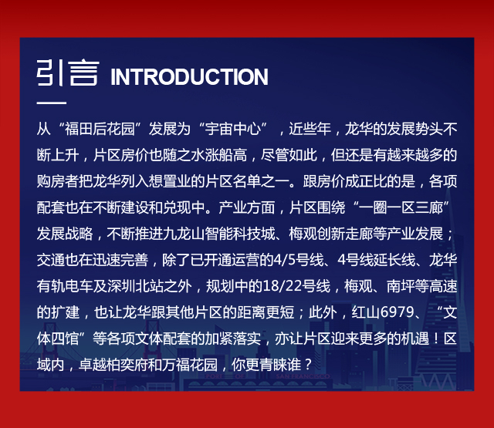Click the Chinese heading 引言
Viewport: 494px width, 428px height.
click(68, 73)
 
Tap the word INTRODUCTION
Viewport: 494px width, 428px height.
click(189, 76)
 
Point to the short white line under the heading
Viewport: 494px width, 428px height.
click(52, 103)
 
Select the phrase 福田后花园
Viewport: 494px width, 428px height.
click(100, 129)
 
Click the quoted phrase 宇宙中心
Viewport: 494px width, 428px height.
click(233, 129)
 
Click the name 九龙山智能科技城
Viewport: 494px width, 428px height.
click(219, 234)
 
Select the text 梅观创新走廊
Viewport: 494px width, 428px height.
click(331, 234)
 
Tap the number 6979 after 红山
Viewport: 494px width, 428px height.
click(397, 312)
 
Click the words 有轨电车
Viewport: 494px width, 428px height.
click(65, 286)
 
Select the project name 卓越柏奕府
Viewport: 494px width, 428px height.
click(113, 365)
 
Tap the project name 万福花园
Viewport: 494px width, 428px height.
click(190, 365)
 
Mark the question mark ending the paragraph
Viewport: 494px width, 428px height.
click(308, 365)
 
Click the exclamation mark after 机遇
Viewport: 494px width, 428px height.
click(436, 339)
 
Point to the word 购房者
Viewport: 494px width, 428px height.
click(58, 181)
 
